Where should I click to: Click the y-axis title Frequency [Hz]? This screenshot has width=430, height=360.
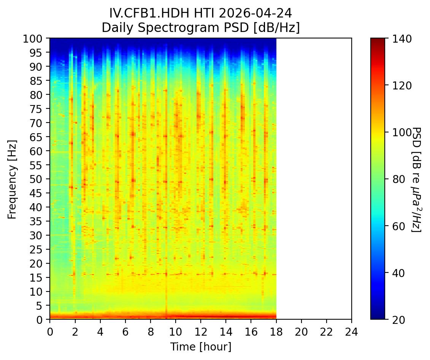click(x=12, y=178)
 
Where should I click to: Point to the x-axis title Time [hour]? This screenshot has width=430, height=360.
click(x=200, y=347)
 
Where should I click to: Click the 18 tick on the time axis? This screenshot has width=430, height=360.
click(x=276, y=328)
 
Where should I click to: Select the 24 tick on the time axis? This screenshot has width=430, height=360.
click(x=351, y=328)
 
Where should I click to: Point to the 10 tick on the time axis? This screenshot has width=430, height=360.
click(x=175, y=328)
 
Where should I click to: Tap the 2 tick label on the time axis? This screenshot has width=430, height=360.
click(x=75, y=328)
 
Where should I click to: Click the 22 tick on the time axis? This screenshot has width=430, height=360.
click(x=326, y=328)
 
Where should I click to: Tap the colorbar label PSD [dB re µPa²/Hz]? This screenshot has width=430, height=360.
click(x=417, y=179)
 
